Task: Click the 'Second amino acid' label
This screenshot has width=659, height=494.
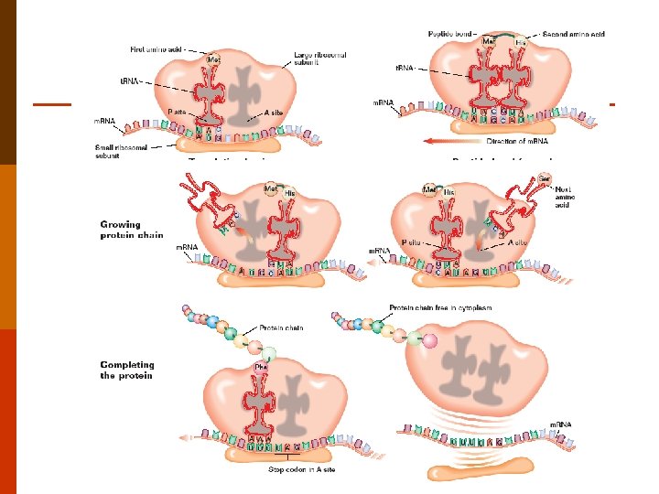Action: click(574, 34)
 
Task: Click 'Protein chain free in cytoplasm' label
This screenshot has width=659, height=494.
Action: click(440, 308)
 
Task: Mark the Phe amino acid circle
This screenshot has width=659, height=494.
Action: click(260, 367)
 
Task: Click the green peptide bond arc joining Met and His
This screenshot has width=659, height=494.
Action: click(505, 36)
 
